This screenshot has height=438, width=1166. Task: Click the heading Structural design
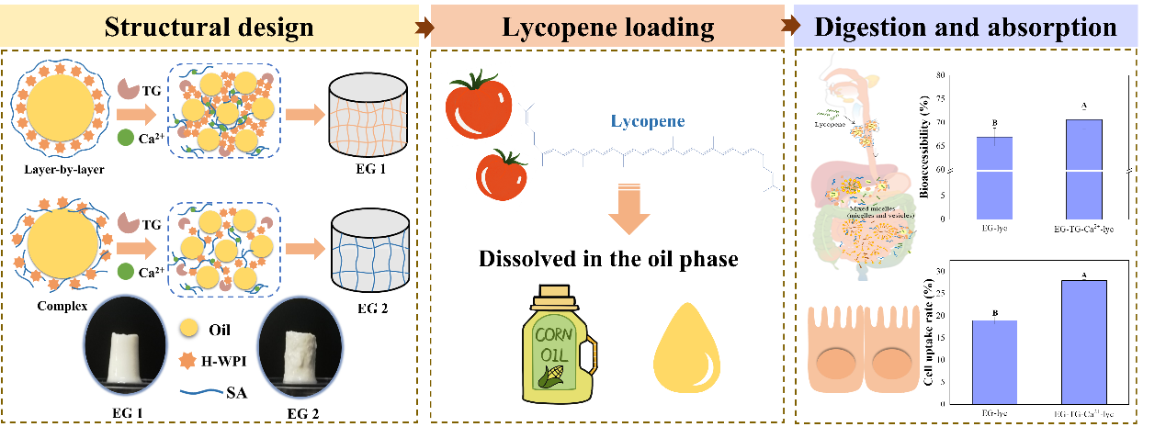click(x=209, y=27)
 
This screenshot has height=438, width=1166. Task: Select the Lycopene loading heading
click(x=607, y=28)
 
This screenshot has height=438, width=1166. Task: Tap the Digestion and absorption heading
click(x=965, y=27)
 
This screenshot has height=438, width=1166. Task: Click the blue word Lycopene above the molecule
click(x=649, y=121)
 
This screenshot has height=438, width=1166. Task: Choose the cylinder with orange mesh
click(x=368, y=115)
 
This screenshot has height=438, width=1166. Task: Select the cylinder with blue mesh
click(x=368, y=250)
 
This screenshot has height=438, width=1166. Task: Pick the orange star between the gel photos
click(x=188, y=356)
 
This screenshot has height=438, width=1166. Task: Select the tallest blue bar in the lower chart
click(x=1084, y=342)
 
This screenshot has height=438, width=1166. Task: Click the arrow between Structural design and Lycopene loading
click(x=424, y=28)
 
